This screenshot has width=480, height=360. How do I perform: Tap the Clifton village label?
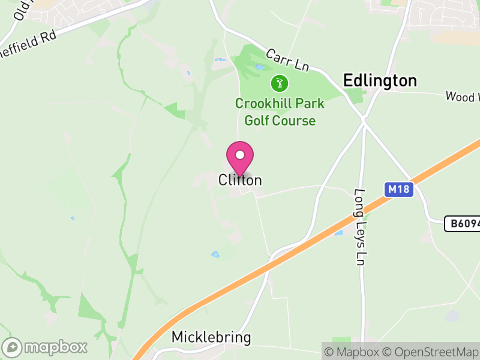click(240, 180)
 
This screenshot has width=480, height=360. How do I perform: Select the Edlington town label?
click(379, 81)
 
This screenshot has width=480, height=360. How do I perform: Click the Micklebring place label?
click(211, 337)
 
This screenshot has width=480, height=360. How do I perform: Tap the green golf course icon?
click(279, 82)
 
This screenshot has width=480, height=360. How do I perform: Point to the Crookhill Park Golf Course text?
click(279, 112)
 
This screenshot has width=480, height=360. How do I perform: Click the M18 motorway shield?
click(398, 190)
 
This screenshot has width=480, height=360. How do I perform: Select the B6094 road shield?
click(462, 224)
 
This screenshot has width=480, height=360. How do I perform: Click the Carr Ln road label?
click(287, 62)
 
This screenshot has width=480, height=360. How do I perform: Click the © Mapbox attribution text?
click(353, 352)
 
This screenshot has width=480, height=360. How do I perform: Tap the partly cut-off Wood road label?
click(462, 96)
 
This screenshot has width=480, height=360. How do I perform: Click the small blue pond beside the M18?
click(338, 232)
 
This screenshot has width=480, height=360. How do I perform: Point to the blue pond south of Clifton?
click(215, 254)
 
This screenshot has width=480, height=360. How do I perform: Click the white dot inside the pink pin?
click(240, 155)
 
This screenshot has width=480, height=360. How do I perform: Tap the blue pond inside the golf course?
click(259, 67)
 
